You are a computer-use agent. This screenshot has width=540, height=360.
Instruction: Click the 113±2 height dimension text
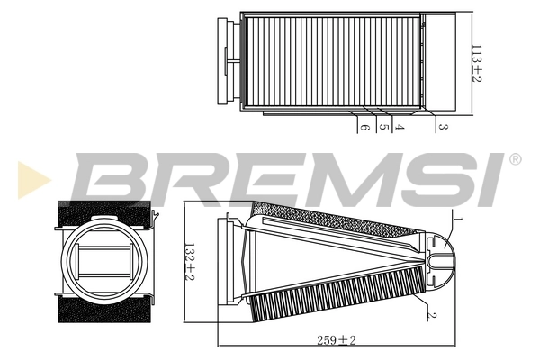(478, 63)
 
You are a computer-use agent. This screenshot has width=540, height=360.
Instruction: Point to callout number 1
(456, 220)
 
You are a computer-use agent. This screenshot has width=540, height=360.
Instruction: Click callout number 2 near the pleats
(433, 314)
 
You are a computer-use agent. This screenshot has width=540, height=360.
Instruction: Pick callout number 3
(443, 128)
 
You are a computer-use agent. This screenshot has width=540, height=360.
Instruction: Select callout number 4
(398, 128)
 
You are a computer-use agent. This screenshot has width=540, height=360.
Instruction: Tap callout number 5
(383, 128)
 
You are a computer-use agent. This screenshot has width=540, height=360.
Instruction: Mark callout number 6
(364, 128)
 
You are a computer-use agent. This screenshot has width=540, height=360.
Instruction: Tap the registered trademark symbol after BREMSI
(515, 160)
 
